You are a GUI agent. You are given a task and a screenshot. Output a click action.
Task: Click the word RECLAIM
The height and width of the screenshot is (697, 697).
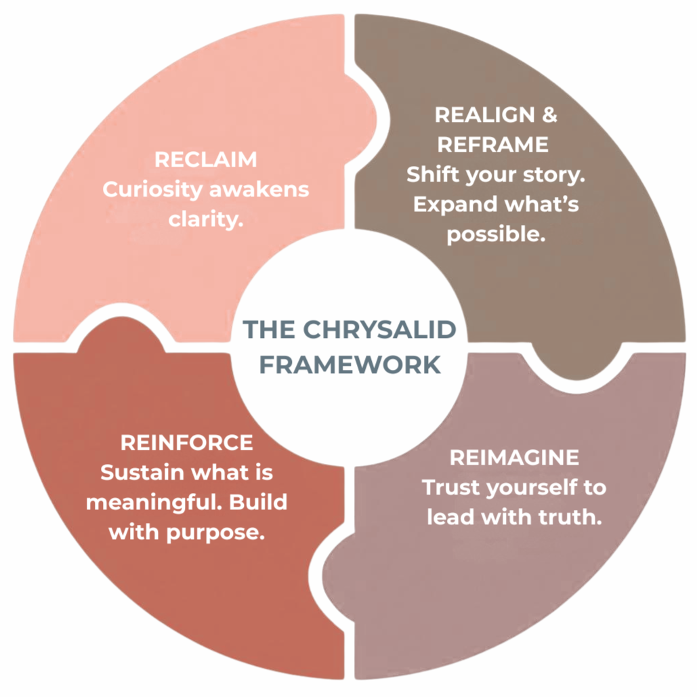point(206,160)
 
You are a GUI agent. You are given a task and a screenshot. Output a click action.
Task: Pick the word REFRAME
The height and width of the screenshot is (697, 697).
point(492,144)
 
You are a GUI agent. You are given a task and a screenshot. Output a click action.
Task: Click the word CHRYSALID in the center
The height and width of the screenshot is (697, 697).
point(379,329)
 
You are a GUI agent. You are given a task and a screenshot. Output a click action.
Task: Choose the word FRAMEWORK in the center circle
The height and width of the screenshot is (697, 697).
point(350,364)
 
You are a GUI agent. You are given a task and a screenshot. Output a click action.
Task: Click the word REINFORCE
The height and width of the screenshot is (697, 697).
point(186,443)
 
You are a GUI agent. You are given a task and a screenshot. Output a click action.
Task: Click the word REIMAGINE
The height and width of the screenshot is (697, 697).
point(514,457)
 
